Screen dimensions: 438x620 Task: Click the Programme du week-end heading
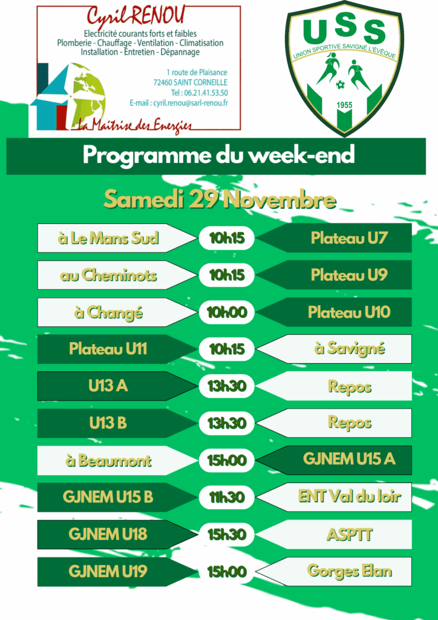218,156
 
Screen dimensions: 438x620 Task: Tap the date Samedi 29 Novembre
220,200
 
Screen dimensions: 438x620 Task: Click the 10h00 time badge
227,312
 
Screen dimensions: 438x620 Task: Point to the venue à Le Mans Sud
108,238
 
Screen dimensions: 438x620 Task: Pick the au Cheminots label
108,275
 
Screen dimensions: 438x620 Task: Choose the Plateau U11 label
108,349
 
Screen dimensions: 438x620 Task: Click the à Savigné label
350,349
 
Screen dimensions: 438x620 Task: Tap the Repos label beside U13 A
350,386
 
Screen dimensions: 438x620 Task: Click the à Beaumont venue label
108,461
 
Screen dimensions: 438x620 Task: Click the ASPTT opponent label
350,534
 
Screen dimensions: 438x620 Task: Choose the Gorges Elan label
350,571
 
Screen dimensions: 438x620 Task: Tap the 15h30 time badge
227,535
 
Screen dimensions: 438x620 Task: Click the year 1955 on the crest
344,105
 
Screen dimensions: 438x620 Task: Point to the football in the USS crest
340,84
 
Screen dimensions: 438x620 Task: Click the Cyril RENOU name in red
136,16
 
